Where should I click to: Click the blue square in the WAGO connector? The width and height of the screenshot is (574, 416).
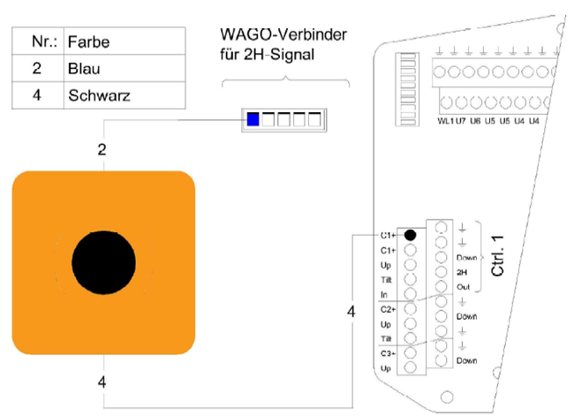pyautogui.click(x=253, y=120)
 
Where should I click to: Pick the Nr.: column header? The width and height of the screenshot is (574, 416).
pyautogui.click(x=37, y=42)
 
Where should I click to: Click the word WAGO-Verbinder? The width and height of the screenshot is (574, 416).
pyautogui.click(x=284, y=35)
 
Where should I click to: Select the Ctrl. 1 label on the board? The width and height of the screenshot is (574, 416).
pyautogui.click(x=499, y=255)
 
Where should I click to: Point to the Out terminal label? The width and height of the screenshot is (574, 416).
pyautogui.click(x=463, y=287)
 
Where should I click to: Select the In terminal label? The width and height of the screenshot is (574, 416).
pyautogui.click(x=385, y=293)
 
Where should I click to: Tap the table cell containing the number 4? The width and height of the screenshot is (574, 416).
pyautogui.click(x=37, y=95)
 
